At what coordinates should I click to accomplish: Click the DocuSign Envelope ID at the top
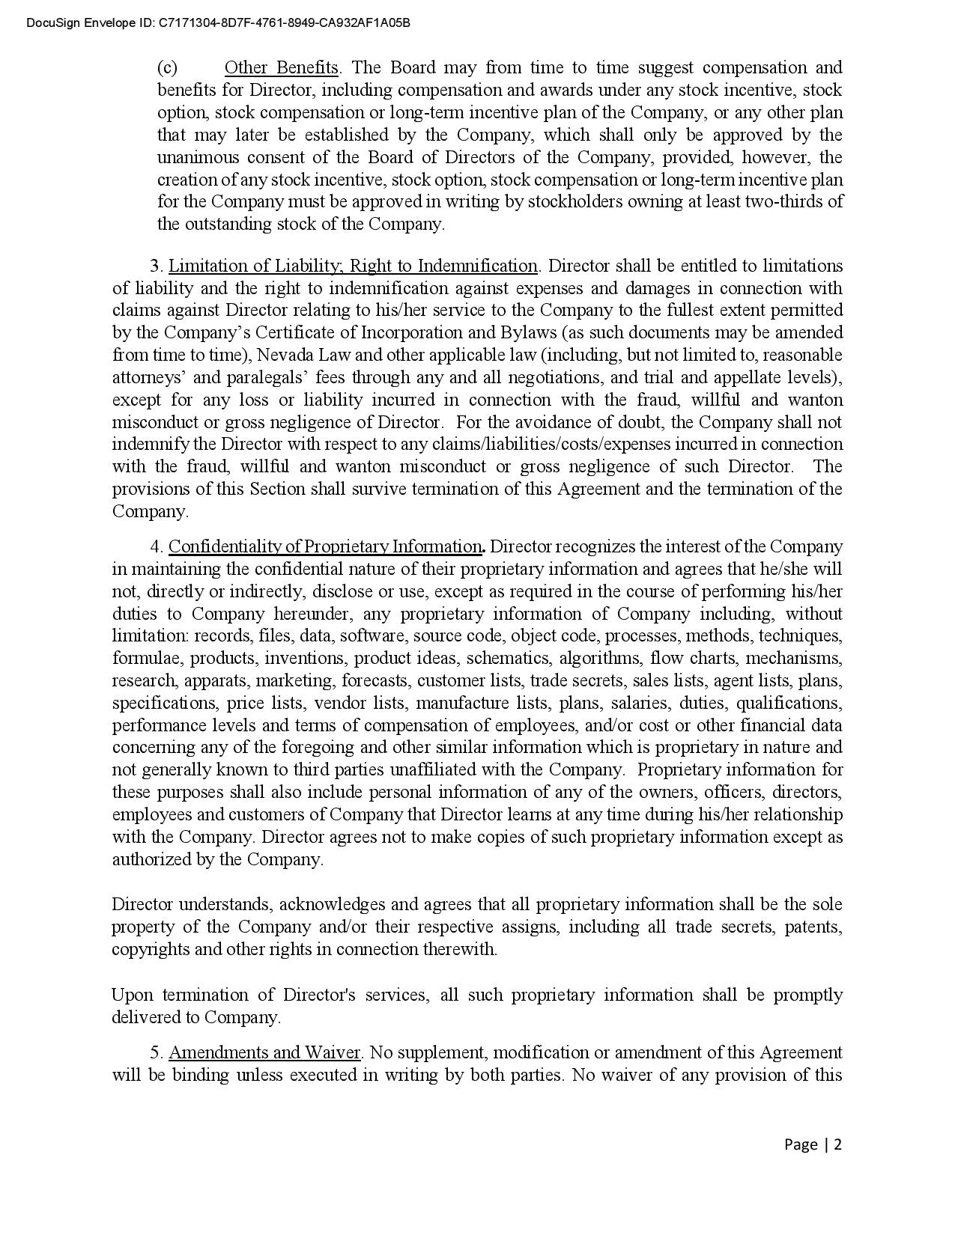(218, 22)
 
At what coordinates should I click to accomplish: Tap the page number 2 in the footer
(838, 1144)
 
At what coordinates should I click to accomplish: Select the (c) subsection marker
(167, 67)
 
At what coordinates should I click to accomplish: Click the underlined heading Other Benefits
(282, 67)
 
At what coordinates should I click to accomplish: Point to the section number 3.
(156, 266)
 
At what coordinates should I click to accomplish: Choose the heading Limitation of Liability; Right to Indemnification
(353, 266)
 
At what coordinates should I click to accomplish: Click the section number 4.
(156, 547)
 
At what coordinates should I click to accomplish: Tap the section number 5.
(156, 1053)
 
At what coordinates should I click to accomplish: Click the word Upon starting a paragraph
(132, 995)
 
